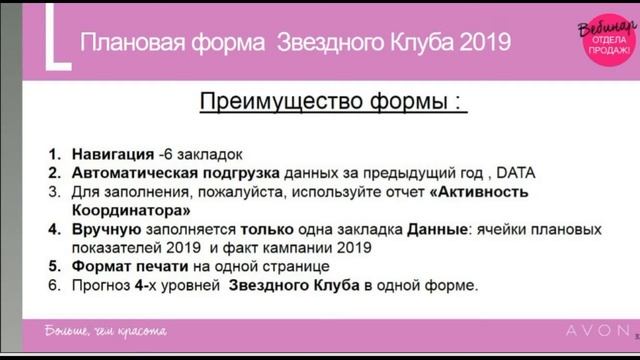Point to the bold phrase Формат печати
tap(125, 268)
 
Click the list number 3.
tap(55, 192)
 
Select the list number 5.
tap(55, 268)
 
